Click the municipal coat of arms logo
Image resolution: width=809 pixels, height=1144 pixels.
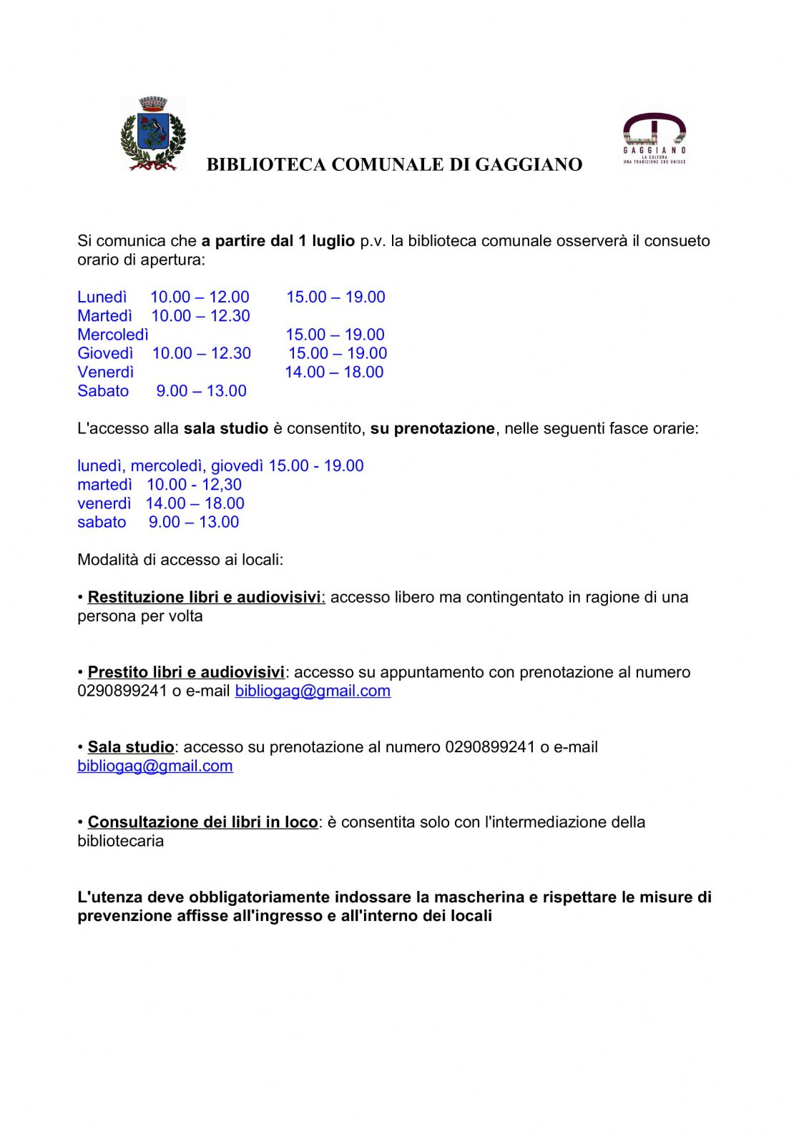(x=153, y=134)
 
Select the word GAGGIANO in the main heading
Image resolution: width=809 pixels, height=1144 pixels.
(x=529, y=165)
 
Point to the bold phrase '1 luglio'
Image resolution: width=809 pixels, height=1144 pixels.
(x=326, y=241)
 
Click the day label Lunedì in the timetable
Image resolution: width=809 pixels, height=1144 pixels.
(x=102, y=297)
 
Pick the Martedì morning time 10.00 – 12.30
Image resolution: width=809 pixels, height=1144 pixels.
(x=200, y=315)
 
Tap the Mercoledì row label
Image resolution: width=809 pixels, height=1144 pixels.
(x=113, y=335)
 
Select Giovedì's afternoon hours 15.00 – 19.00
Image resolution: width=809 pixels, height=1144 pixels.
(x=338, y=353)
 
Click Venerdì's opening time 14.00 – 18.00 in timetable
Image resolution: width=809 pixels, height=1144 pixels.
(x=334, y=372)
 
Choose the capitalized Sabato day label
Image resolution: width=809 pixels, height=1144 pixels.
(x=103, y=391)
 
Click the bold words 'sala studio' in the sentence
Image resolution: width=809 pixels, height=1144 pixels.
(x=225, y=429)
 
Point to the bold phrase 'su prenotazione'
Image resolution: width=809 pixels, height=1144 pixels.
(x=432, y=429)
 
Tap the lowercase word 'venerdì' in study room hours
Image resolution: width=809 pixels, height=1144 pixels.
(x=104, y=503)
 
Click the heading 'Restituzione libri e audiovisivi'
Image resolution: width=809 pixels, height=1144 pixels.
(x=205, y=597)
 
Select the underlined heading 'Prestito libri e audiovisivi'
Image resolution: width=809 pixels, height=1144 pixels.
(x=186, y=672)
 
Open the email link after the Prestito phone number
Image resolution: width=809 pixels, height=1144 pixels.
(x=313, y=691)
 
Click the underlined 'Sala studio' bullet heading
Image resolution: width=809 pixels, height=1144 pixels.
(x=131, y=747)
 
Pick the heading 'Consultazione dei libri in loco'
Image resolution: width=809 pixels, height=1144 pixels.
(x=202, y=822)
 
